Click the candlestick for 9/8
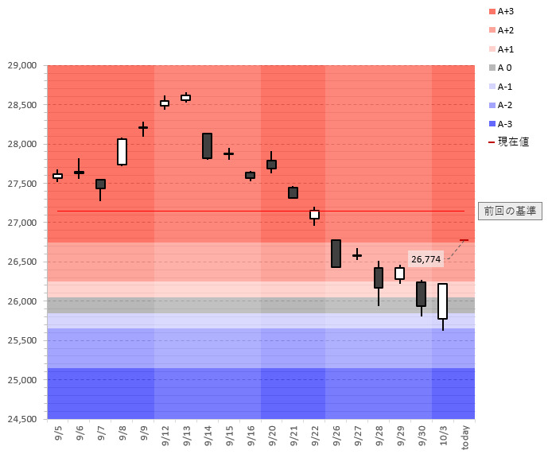point(122,152)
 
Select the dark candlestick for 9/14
point(207,146)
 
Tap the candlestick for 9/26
point(336,254)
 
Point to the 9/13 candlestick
point(185,98)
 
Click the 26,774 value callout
point(426,259)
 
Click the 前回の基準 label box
point(509,211)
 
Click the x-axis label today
point(464,437)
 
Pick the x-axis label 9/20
point(271,435)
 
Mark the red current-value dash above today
point(464,240)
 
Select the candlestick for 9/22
point(314,215)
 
